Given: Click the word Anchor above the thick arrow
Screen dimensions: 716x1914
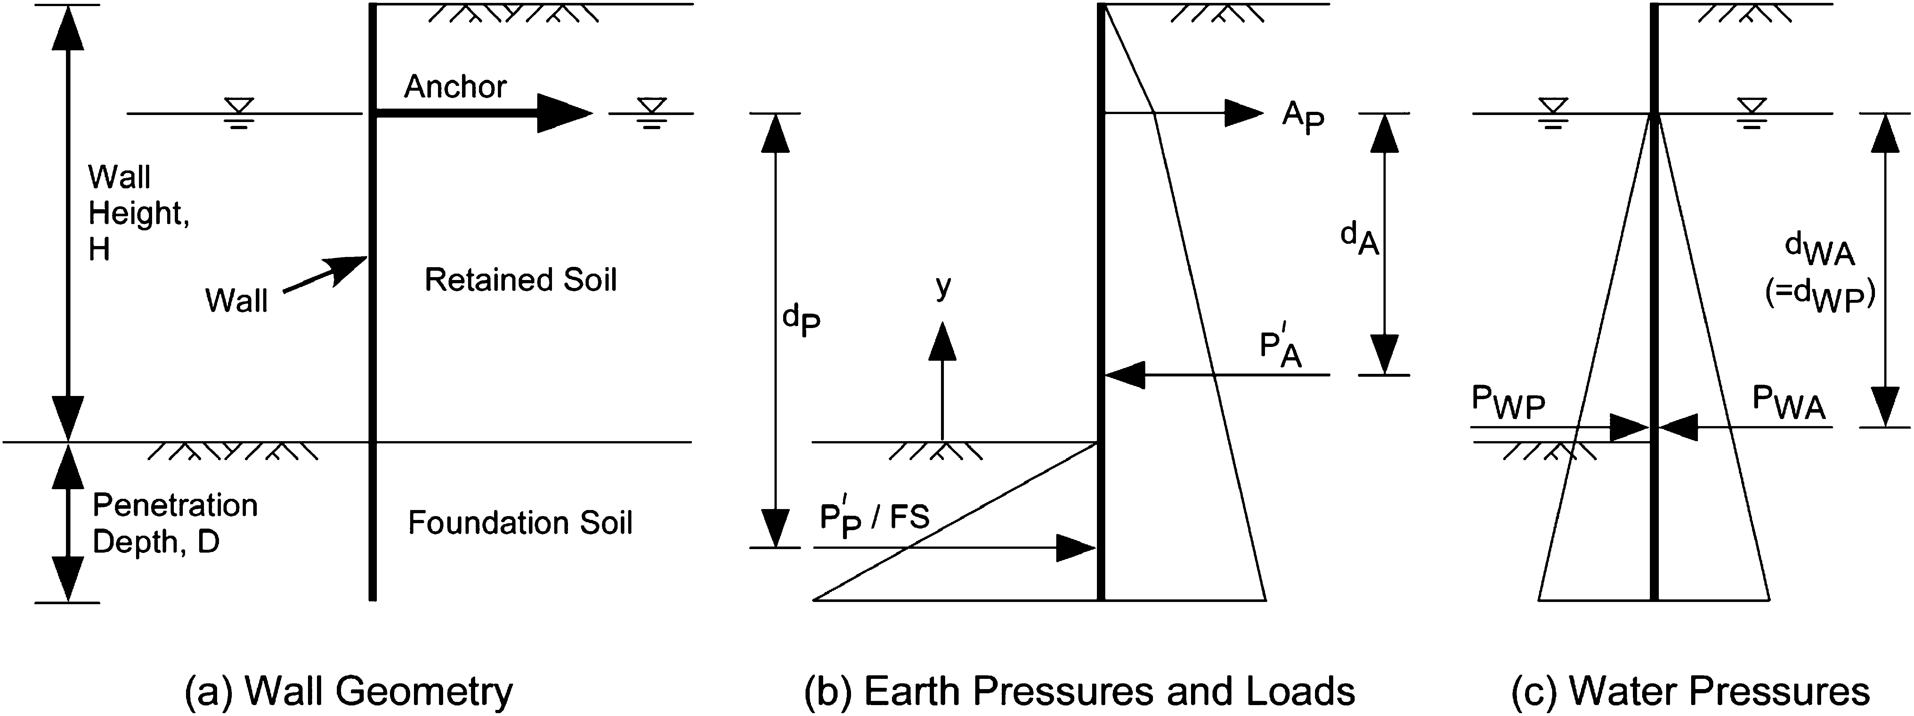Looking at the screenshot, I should [455, 87].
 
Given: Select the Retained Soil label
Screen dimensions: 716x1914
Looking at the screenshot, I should [520, 280].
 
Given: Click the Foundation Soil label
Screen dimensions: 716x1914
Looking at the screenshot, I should [520, 523].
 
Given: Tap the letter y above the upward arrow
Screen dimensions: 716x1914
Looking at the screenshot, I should [943, 286].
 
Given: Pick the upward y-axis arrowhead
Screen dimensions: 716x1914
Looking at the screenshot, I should [943, 342].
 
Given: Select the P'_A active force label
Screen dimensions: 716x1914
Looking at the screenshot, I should [1281, 350].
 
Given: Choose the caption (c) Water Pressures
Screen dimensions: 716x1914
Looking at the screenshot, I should [1690, 691].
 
